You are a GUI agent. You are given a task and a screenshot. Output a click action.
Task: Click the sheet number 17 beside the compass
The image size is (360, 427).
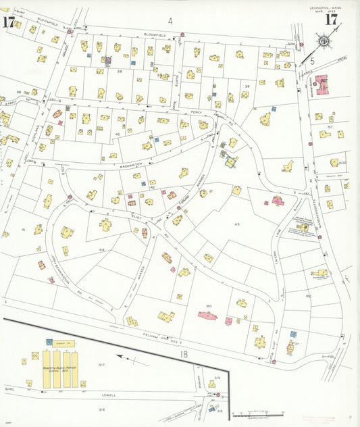[x=331, y=19]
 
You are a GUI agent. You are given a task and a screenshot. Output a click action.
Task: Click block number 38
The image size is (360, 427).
[x=120, y=71]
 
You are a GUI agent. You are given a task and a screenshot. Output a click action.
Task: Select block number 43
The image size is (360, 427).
[x=237, y=224]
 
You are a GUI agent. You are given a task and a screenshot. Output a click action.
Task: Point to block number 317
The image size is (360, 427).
[x=102, y=365]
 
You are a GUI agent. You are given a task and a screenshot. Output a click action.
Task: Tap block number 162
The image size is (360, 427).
[x=307, y=296]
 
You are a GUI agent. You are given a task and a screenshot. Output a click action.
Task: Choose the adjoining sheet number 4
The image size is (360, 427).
[x=170, y=21]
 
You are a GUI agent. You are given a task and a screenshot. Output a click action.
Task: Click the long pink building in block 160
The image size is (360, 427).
[x=208, y=316]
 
